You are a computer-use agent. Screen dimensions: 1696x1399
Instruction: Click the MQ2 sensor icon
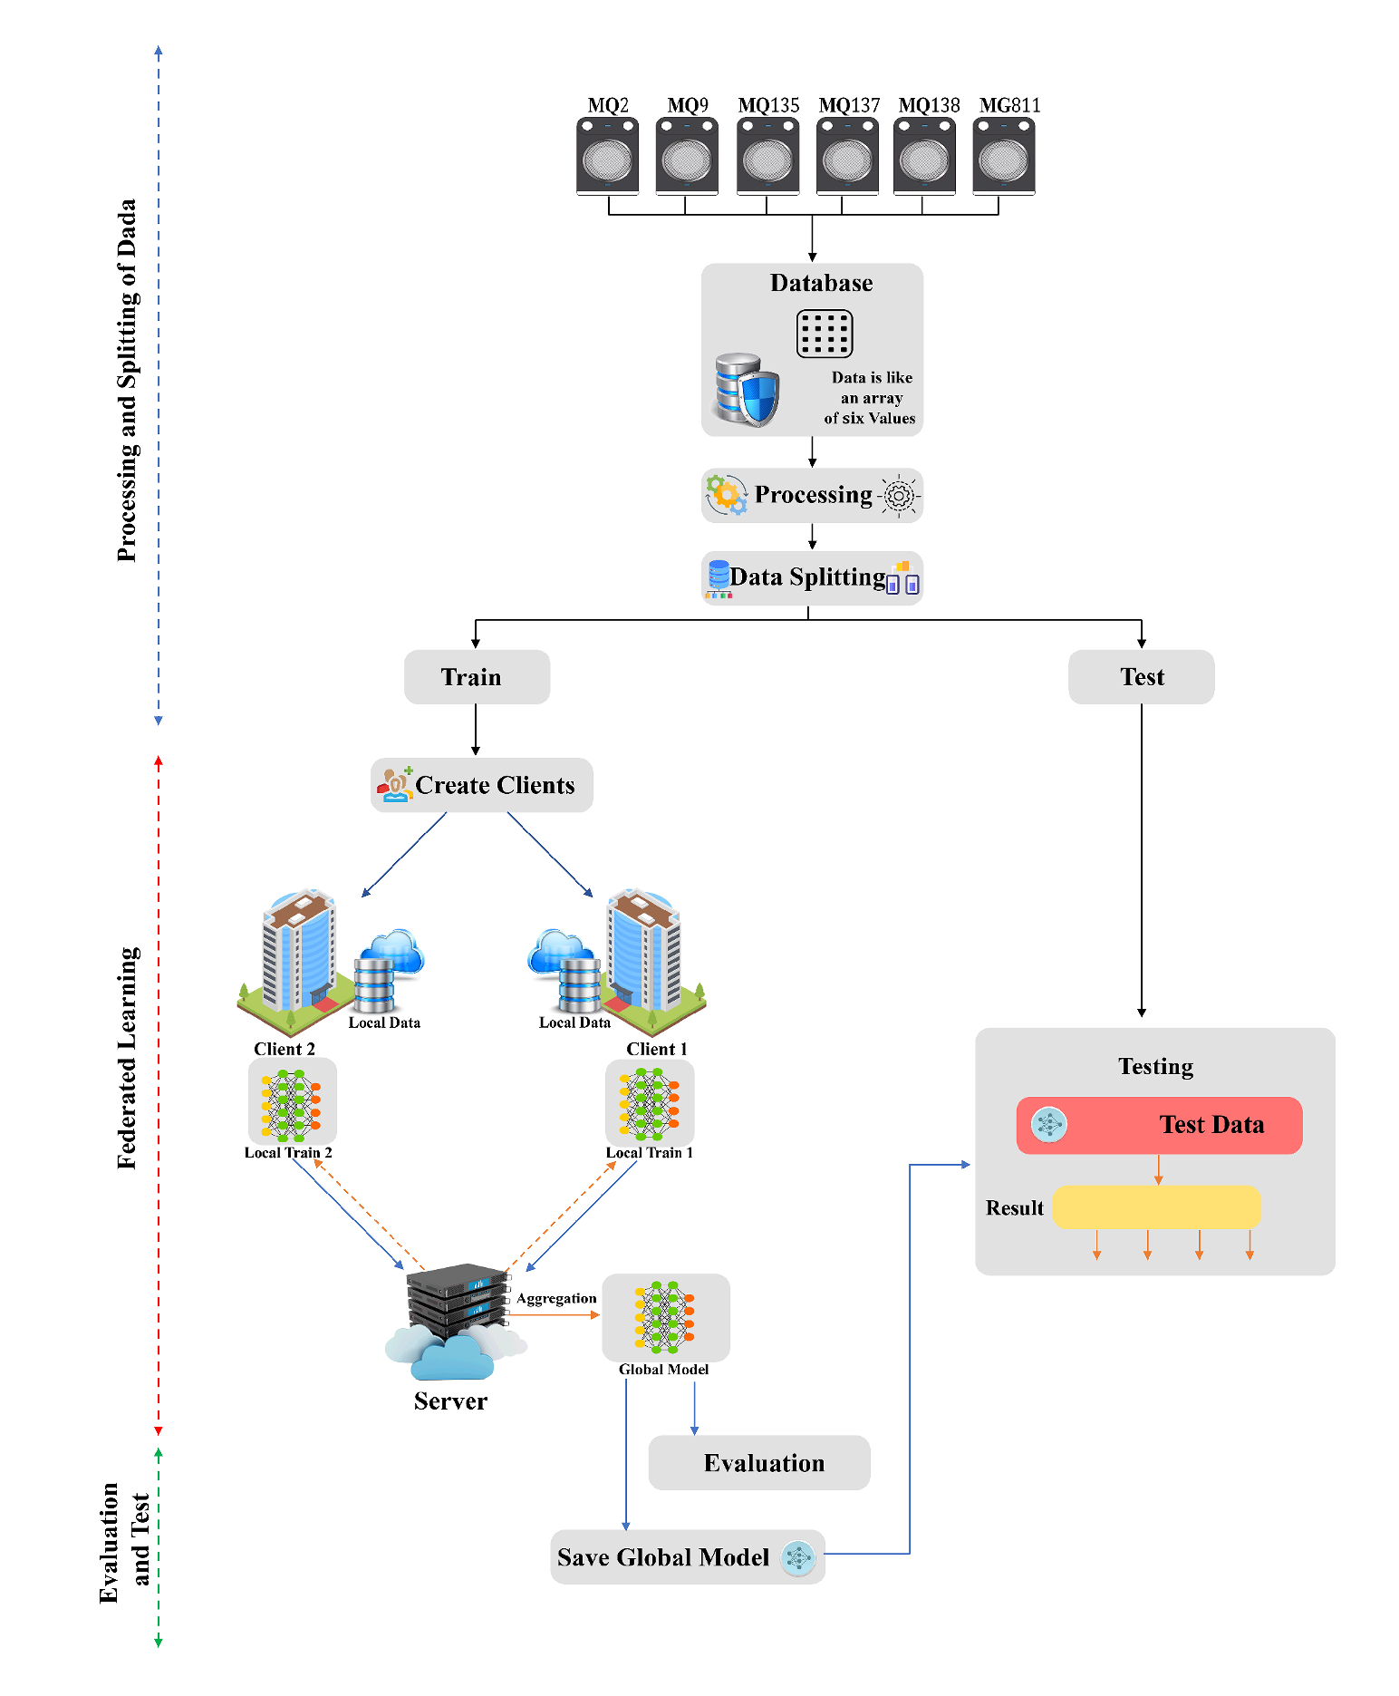607,157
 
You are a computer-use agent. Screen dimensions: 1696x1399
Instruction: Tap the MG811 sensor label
1009,105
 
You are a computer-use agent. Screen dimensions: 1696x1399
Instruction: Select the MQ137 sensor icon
847,157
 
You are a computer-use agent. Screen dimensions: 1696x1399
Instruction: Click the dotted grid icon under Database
824,334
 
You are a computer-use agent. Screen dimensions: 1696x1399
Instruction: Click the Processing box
812,495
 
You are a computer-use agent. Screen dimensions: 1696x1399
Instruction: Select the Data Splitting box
812,577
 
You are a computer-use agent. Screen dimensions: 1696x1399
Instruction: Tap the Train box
477,677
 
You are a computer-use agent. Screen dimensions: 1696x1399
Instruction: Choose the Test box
1141,677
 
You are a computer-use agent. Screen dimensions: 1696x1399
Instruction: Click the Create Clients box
482,785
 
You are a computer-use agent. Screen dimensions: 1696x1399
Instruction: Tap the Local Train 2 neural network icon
292,1102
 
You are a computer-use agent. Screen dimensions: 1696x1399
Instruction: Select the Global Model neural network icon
665,1317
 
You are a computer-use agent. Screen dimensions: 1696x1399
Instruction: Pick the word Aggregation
556,1298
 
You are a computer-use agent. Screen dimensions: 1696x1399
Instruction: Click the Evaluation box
759,1462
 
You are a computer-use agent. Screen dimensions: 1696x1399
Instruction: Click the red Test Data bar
1159,1125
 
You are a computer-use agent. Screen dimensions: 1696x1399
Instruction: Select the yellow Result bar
1156,1207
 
